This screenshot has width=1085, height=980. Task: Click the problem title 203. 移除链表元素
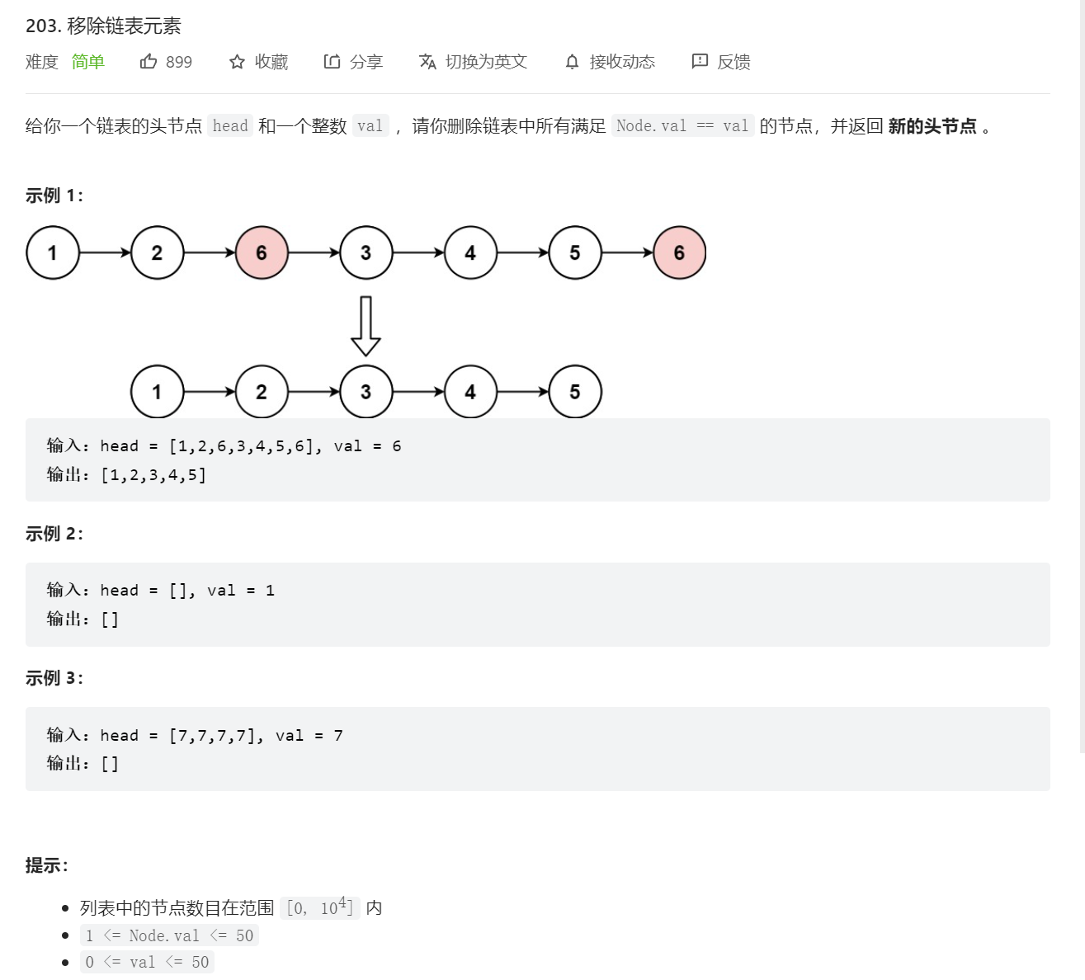103,26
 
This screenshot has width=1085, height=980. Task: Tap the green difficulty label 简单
87,62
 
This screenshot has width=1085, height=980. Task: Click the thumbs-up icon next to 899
149,61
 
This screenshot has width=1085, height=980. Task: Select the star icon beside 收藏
237,62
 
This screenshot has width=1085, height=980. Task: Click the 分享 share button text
366,62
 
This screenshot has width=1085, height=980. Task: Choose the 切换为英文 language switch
485,62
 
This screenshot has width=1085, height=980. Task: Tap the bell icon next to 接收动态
572,62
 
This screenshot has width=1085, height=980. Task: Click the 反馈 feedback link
733,62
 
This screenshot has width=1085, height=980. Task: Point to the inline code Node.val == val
682,125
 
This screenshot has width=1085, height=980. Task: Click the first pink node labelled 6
262,252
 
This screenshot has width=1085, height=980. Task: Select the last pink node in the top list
679,252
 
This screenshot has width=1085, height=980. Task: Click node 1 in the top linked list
53,252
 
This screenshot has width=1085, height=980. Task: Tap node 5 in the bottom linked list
575,392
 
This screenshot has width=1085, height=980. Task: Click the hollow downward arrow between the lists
366,325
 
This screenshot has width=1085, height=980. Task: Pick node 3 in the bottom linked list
366,392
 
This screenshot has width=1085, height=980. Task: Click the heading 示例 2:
54,534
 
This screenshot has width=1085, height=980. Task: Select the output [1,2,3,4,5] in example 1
153,475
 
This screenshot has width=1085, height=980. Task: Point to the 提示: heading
47,865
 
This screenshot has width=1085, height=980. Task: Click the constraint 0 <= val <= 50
147,962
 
